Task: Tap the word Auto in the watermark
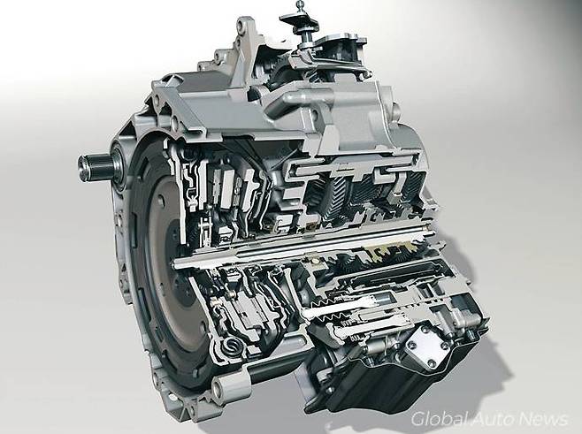(x=493, y=419)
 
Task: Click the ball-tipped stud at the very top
(x=301, y=5)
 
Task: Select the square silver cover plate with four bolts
(x=427, y=346)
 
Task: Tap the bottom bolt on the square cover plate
(x=431, y=362)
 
